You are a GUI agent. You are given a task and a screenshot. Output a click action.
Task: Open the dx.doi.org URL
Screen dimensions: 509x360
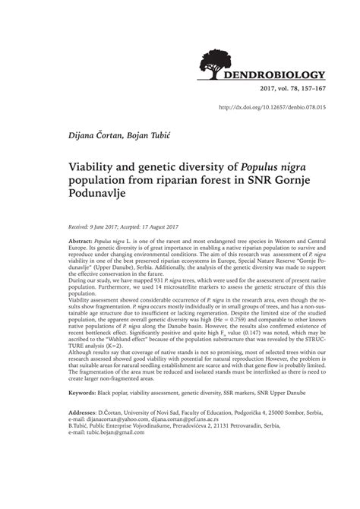tap(272, 107)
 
